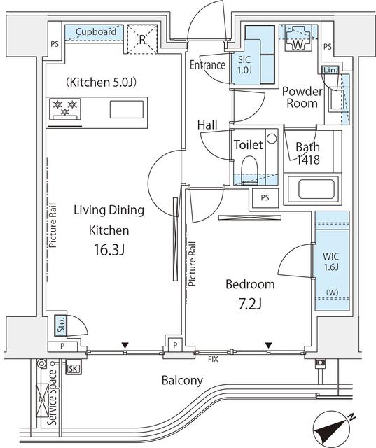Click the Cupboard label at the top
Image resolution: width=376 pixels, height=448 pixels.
click(96, 31)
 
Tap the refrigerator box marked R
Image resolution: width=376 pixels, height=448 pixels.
click(142, 39)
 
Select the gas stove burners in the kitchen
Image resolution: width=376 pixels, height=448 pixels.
click(66, 108)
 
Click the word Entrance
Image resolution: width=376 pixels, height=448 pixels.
click(207, 66)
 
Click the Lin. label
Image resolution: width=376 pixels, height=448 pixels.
click(330, 71)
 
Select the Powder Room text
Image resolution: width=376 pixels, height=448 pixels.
click(301, 97)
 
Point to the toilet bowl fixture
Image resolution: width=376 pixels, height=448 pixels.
click(248, 169)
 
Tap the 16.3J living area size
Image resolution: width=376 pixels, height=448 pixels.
click(109, 250)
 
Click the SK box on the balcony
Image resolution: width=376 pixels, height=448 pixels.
click(73, 368)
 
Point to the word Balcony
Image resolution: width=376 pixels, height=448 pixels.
click(182, 381)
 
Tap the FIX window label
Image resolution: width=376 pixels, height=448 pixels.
click(213, 359)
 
